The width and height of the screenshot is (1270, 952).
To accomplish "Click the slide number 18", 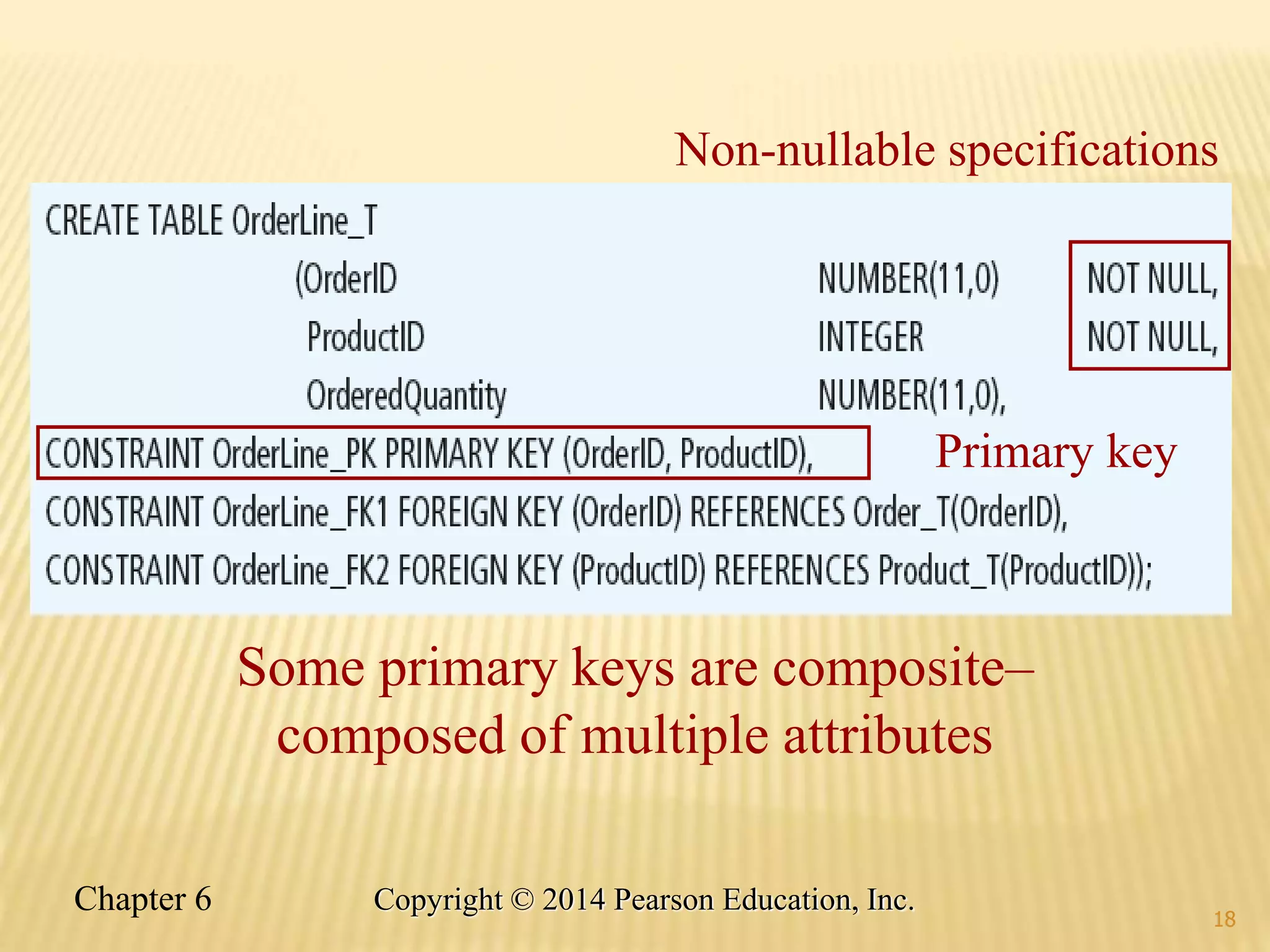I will pyautogui.click(x=1224, y=919).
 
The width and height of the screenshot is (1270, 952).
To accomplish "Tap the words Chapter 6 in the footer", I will pyautogui.click(x=143, y=899).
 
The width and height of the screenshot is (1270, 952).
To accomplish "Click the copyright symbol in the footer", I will pyautogui.click(x=523, y=900).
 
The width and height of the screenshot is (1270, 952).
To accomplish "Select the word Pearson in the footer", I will pyautogui.click(x=664, y=900).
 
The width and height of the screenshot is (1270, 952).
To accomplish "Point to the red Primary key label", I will pyautogui.click(x=1055, y=452).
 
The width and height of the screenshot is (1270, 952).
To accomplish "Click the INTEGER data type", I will pyautogui.click(x=871, y=337).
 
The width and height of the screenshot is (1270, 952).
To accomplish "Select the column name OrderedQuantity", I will pyautogui.click(x=406, y=395).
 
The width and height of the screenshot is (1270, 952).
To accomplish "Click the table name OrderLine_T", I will pyautogui.click(x=304, y=221).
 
